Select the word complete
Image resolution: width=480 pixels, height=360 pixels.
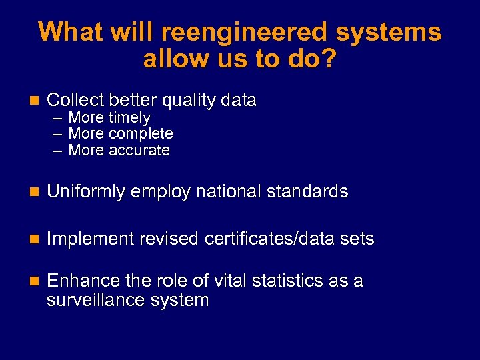point(141,134)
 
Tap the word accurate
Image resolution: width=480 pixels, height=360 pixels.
point(139,150)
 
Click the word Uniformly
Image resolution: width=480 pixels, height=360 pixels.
point(88,192)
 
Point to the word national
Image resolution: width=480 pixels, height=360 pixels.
point(230,192)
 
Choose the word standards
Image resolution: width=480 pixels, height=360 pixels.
point(307,192)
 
